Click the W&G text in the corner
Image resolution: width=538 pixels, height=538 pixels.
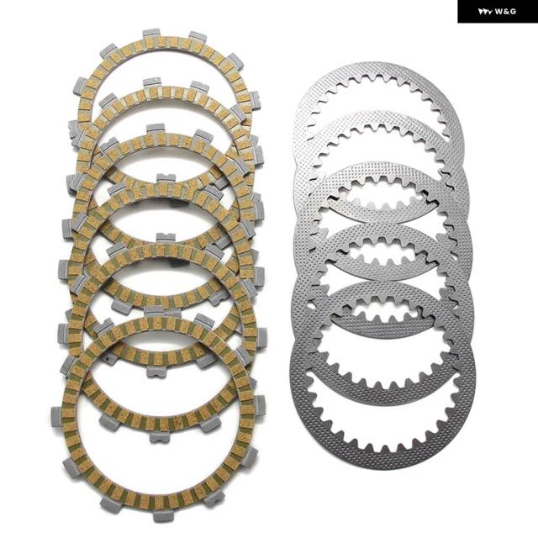[505, 12]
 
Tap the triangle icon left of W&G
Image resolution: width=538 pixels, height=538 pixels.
[486, 12]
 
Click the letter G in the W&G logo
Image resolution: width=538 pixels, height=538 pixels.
[513, 12]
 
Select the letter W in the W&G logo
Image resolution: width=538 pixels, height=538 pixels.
[498, 12]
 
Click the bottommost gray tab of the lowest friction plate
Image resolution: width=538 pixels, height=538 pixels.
[161, 516]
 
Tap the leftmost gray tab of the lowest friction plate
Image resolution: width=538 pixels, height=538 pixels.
[57, 416]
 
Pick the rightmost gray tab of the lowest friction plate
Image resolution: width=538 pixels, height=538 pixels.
[260, 404]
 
